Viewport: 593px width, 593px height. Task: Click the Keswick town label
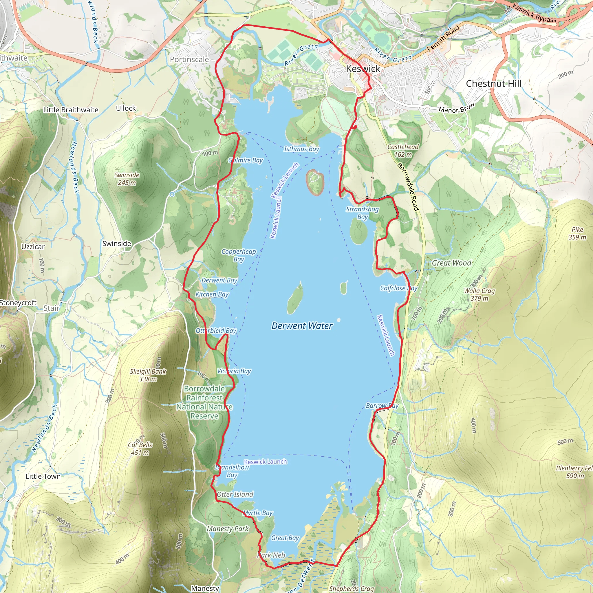(363, 69)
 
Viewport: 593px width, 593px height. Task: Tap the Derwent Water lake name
(302, 326)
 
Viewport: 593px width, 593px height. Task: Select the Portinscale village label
(189, 59)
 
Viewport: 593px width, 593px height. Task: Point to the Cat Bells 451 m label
(140, 449)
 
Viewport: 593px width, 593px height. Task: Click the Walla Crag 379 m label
(479, 294)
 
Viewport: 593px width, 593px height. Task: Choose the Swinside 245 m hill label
(127, 179)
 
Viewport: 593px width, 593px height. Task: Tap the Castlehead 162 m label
(403, 150)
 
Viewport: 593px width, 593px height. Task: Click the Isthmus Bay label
(301, 149)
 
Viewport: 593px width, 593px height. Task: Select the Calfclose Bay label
(398, 288)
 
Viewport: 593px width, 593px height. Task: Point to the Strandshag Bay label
(362, 213)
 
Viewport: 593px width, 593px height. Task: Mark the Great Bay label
(285, 538)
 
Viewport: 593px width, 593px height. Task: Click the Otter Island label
(235, 495)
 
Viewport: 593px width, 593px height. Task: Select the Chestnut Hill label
(494, 83)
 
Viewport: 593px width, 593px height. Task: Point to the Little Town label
(43, 476)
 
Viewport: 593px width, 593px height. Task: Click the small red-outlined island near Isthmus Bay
(315, 182)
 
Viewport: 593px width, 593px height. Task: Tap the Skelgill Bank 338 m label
(148, 375)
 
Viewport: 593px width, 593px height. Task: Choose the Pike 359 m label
(577, 233)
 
